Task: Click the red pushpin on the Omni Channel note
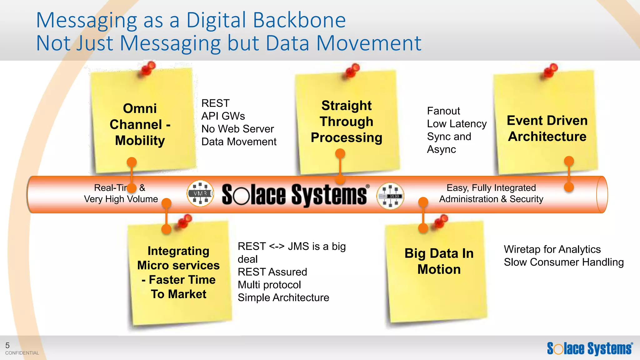147,68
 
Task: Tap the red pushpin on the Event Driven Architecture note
551,71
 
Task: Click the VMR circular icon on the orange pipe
200,193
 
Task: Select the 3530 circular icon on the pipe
390,196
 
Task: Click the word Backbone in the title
299,20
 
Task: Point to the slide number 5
7,345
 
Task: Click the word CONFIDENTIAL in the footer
22,353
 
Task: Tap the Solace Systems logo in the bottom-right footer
590,348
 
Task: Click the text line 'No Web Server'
237,129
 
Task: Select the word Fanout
443,111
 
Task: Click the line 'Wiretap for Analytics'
552,249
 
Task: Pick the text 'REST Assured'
272,272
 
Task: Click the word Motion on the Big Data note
439,269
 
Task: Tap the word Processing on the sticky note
346,138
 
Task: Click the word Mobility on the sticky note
140,141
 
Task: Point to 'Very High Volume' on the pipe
121,199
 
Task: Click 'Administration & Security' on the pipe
491,199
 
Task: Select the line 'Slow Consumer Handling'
563,262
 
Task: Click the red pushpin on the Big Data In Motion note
441,221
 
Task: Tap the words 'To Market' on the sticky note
178,294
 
